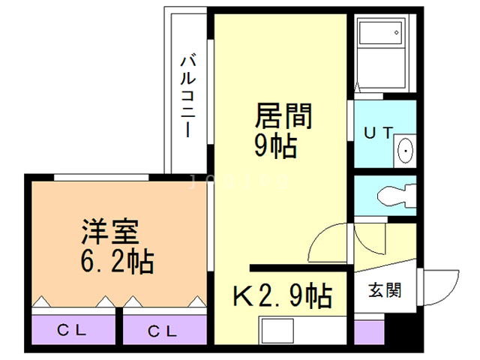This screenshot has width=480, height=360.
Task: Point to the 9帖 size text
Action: (276, 145)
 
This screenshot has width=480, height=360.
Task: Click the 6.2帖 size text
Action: (117, 261)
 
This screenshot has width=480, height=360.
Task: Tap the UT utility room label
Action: (378, 133)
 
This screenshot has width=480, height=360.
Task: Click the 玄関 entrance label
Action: (384, 290)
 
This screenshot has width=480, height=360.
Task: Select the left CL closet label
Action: (73, 330)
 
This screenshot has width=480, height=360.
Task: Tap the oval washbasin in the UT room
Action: (406, 150)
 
